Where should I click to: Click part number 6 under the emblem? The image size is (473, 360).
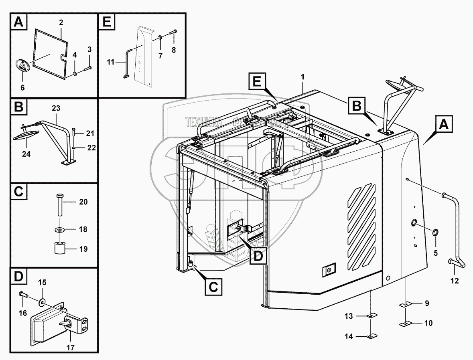click(x=22, y=87)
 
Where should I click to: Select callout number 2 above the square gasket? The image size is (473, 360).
click(x=61, y=23)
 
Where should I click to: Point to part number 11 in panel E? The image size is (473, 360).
click(x=111, y=62)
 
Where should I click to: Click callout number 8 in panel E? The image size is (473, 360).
click(x=174, y=51)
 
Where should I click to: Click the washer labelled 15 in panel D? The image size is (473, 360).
click(x=43, y=300)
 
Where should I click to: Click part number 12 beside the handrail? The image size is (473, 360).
click(x=454, y=281)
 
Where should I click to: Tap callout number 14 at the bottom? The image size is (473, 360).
click(x=349, y=337)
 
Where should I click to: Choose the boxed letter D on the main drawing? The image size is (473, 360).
click(x=257, y=255)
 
